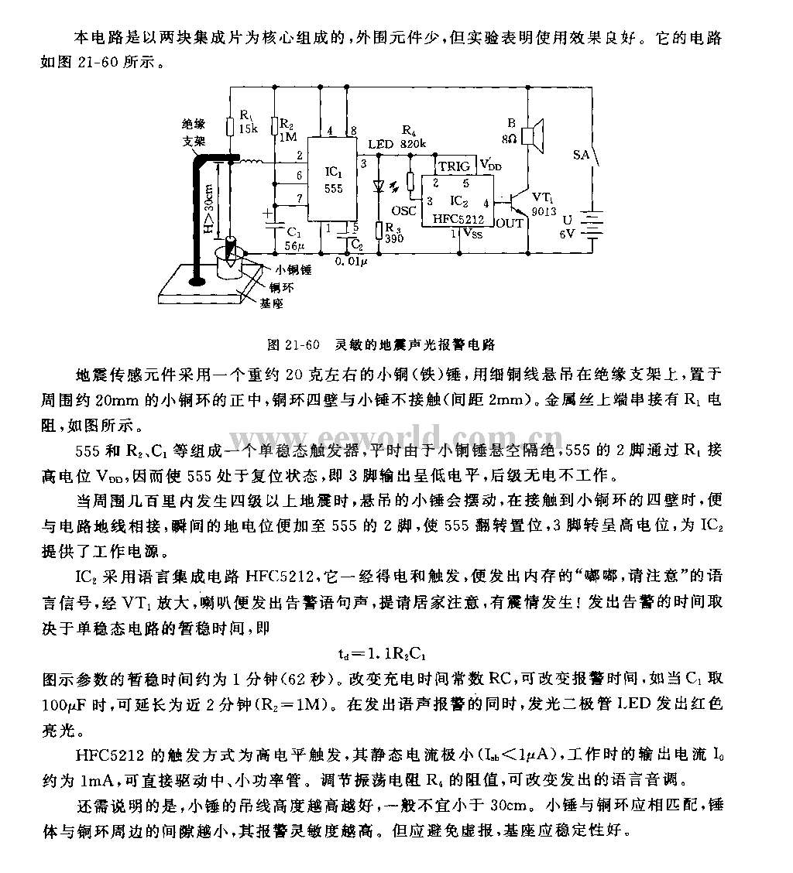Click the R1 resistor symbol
tap(231, 126)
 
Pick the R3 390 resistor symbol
tap(378, 230)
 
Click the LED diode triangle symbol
tap(378, 186)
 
